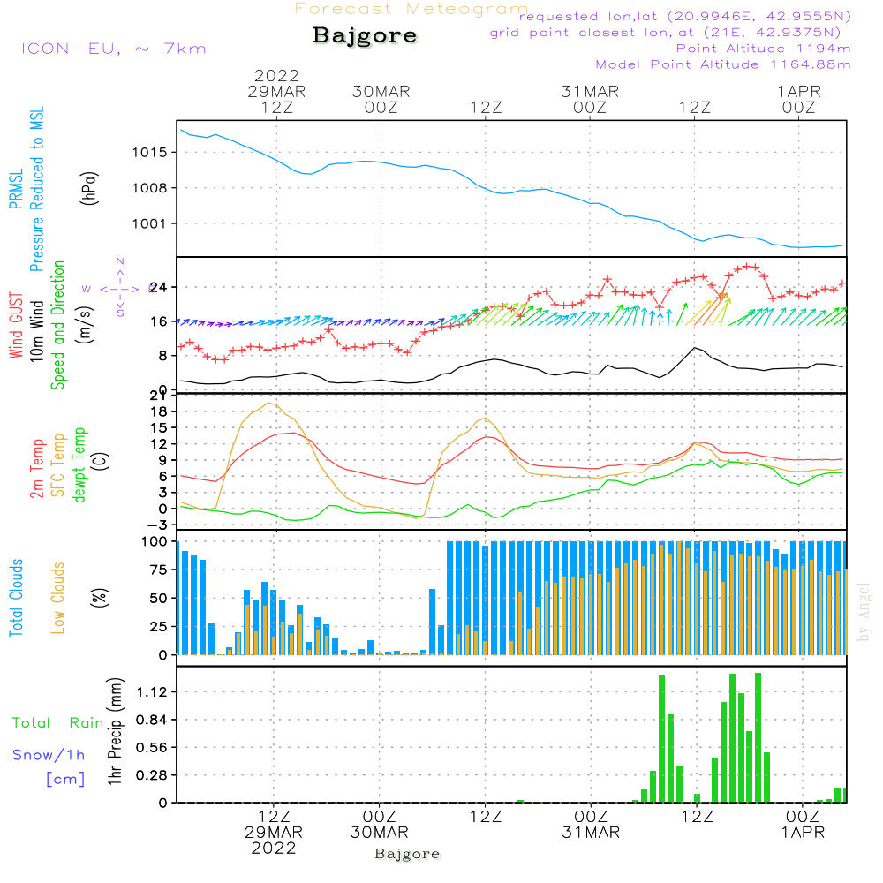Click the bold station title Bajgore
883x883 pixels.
(x=365, y=36)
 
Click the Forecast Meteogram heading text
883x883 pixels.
(x=411, y=9)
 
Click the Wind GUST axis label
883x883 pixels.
(x=16, y=327)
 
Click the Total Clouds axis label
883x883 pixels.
(x=16, y=597)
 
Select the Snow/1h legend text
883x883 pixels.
(x=49, y=755)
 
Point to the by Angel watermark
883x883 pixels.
(x=864, y=611)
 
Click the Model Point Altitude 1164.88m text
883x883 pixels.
(x=723, y=64)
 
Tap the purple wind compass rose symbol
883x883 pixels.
(x=119, y=288)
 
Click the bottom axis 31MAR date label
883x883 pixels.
(x=591, y=833)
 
